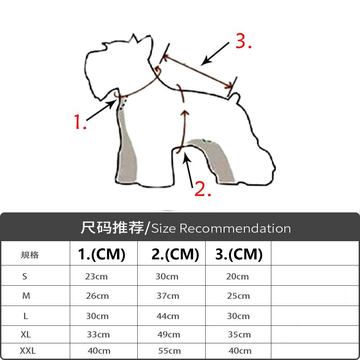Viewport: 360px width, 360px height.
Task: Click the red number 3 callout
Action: (243, 41)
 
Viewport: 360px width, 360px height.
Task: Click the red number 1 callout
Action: (80, 121)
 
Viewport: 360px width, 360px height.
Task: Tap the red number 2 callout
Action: (202, 189)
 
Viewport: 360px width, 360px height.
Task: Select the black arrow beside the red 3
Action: (215, 54)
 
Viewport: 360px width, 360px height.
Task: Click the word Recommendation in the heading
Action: (235, 229)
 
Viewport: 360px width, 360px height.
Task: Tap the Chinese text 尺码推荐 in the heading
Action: (112, 228)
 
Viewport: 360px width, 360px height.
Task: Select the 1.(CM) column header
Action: (102, 254)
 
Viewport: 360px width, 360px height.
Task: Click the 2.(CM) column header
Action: (175, 254)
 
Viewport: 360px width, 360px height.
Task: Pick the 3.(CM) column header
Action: (239, 254)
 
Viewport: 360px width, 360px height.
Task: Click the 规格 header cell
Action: (30, 255)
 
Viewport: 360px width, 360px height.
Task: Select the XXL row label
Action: (28, 351)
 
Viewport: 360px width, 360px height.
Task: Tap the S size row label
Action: (25, 276)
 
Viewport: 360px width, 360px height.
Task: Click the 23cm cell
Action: (96, 276)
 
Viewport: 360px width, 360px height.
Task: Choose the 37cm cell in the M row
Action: (168, 296)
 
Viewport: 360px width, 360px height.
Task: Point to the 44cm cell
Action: (168, 316)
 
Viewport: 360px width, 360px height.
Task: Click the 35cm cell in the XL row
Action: (239, 334)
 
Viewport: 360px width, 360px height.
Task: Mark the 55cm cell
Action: (170, 351)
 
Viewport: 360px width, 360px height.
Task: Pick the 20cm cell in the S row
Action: (238, 276)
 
